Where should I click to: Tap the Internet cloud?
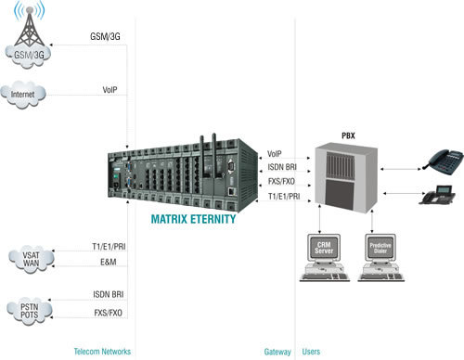click(27, 94)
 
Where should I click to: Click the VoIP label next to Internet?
click(110, 89)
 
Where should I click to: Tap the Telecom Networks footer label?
click(101, 352)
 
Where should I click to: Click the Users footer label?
click(312, 352)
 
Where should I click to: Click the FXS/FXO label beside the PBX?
click(282, 182)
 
